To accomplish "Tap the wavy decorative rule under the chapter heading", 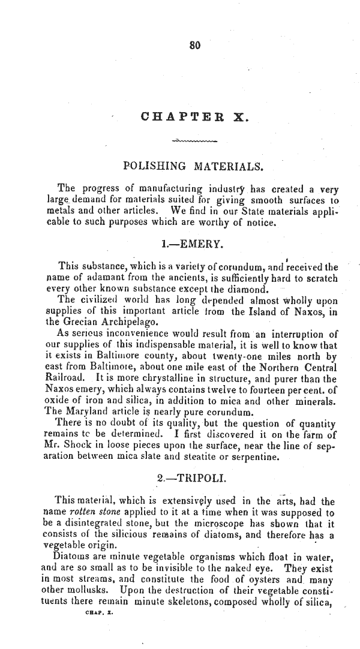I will click(193, 142).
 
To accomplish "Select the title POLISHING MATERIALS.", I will click(191, 166).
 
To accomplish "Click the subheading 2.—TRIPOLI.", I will click(191, 480).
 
